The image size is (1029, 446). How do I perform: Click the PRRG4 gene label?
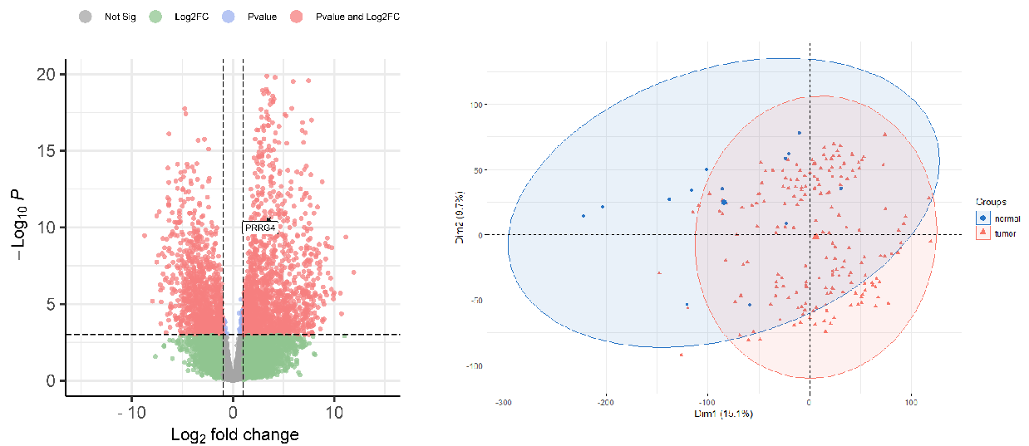(x=259, y=227)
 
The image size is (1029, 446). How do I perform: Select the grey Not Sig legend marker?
(x=86, y=17)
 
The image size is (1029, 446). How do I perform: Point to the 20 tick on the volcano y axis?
(x=48, y=74)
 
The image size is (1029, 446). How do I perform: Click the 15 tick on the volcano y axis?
(x=48, y=150)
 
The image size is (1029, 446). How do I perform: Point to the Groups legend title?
(x=991, y=202)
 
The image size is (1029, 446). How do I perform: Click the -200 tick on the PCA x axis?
(x=605, y=401)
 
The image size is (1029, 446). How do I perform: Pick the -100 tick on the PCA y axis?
(x=475, y=365)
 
